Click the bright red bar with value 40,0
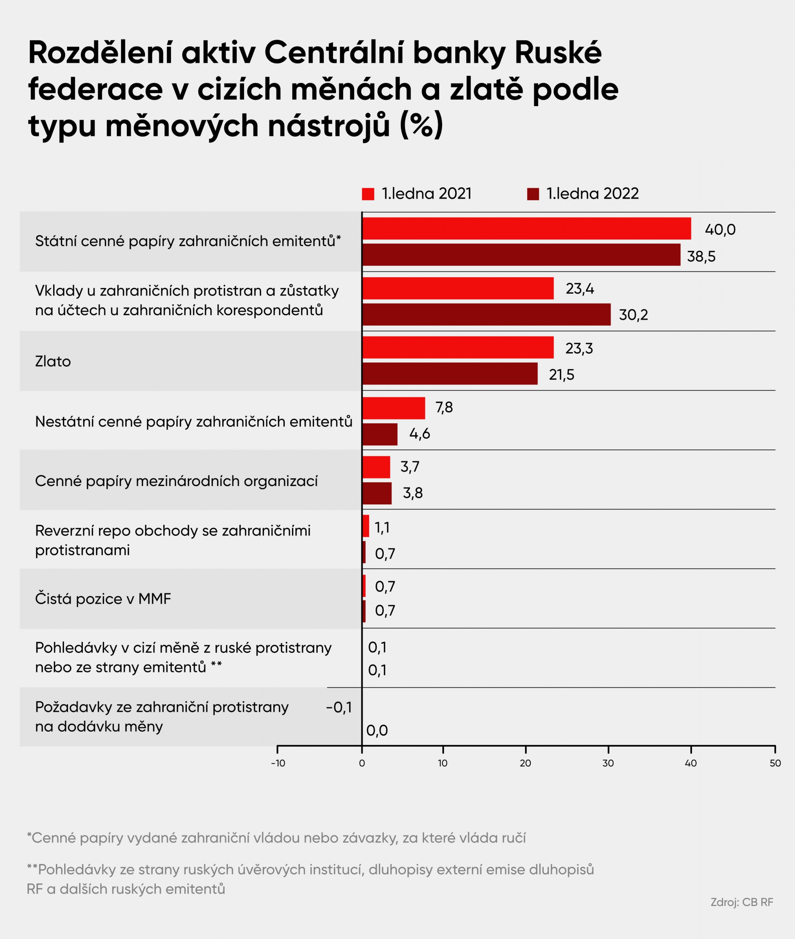pyautogui.click(x=526, y=229)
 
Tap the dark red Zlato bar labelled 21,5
pyautogui.click(x=449, y=373)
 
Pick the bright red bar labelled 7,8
pyautogui.click(x=393, y=408)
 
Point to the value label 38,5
pyautogui.click(x=701, y=256)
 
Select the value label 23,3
pyautogui.click(x=579, y=348)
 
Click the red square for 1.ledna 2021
pyautogui.click(x=368, y=194)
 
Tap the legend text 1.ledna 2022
pyautogui.click(x=592, y=194)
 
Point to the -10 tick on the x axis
pyautogui.click(x=278, y=763)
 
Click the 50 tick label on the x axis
pyautogui.click(x=775, y=763)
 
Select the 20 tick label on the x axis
pyautogui.click(x=525, y=763)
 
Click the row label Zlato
pyautogui.click(x=53, y=361)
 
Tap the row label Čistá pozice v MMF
pyautogui.click(x=103, y=599)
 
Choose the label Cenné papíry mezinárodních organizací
pyautogui.click(x=176, y=481)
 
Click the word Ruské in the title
pyautogui.click(x=558, y=53)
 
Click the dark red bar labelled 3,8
pyautogui.click(x=376, y=493)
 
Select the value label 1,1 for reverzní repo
pyautogui.click(x=382, y=527)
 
